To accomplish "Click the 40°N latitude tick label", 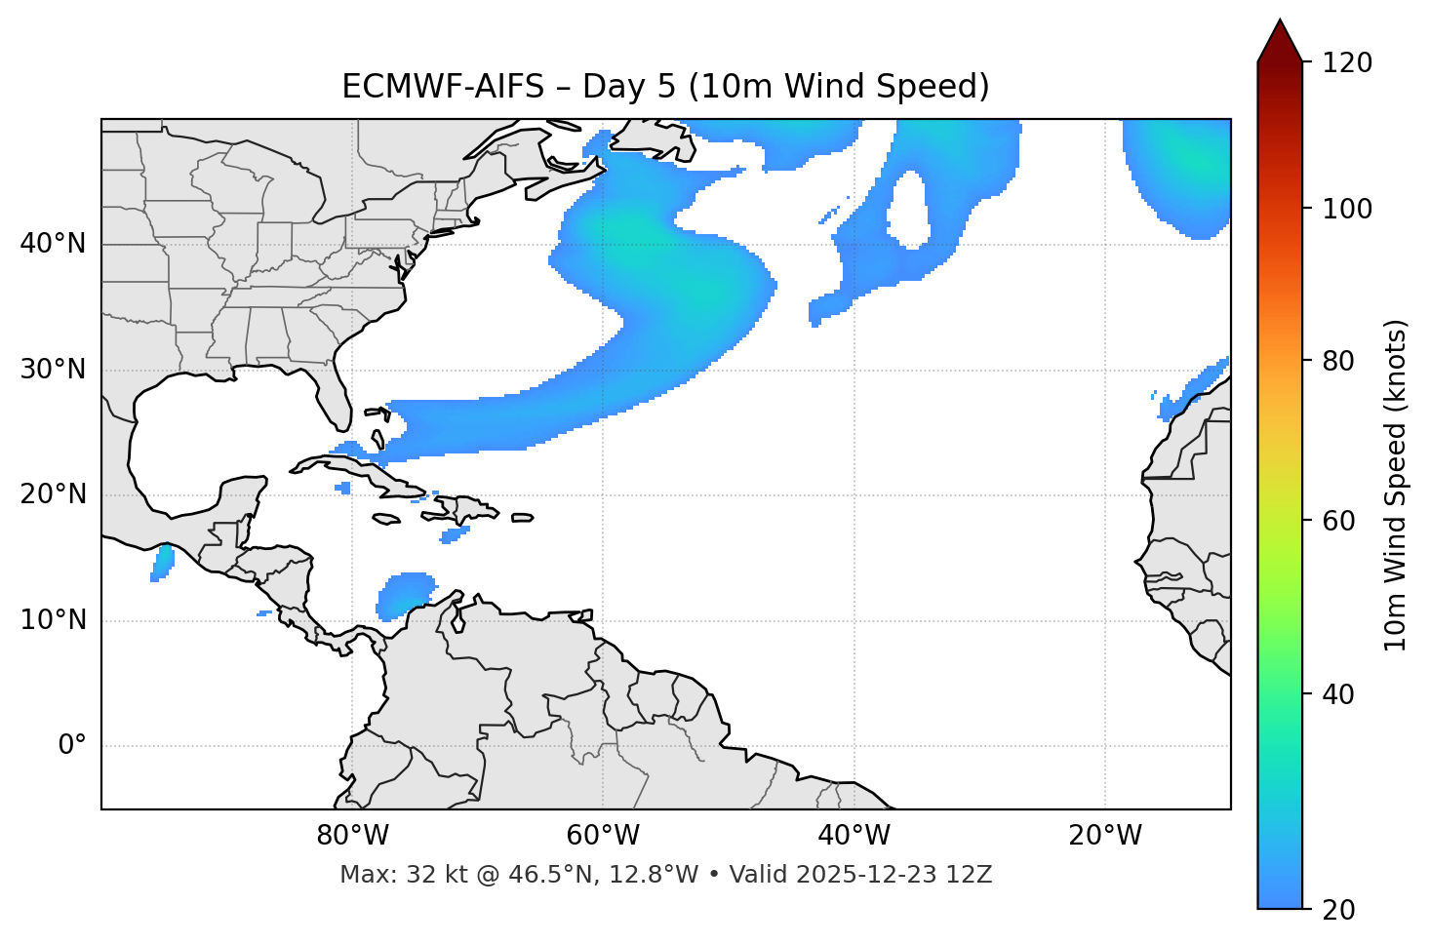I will (53, 244).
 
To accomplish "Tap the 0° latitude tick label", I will (71, 746).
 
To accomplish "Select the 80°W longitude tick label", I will (352, 836).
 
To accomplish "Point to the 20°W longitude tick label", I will (1105, 836).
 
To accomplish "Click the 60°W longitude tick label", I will (603, 836).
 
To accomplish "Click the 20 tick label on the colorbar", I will (1339, 910).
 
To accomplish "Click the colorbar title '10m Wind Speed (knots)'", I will (1396, 485).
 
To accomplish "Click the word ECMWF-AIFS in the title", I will (443, 87).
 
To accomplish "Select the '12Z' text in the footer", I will (971, 875).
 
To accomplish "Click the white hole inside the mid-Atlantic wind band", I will (909, 209).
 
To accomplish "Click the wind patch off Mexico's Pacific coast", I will (162, 563).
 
